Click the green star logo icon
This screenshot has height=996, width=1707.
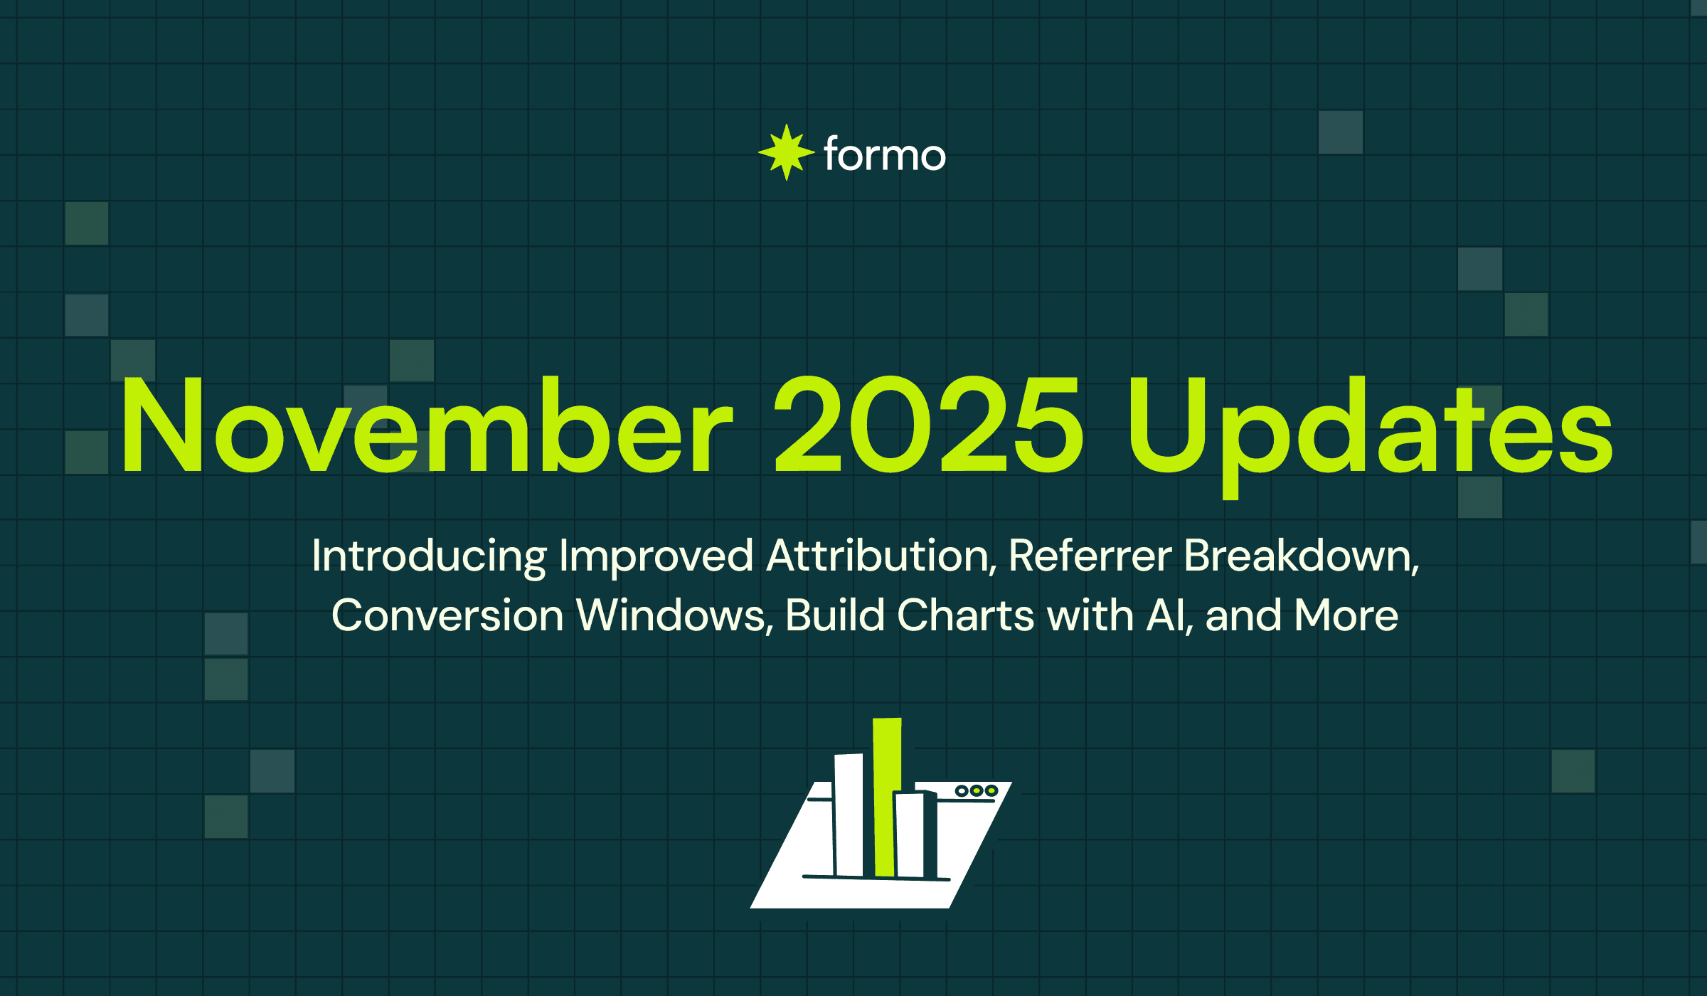[x=786, y=152]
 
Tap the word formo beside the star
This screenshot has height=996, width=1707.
[x=885, y=155]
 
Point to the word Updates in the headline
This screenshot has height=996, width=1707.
[x=1369, y=430]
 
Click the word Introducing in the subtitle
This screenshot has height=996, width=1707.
[x=429, y=556]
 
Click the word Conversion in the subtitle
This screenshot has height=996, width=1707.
[x=447, y=615]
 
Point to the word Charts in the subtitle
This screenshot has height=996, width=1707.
[x=965, y=615]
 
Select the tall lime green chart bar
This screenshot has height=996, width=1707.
[x=886, y=797]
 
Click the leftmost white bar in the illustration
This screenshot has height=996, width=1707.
[x=849, y=815]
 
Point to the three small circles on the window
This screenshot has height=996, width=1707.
[x=976, y=790]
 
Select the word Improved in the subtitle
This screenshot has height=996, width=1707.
[x=656, y=556]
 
